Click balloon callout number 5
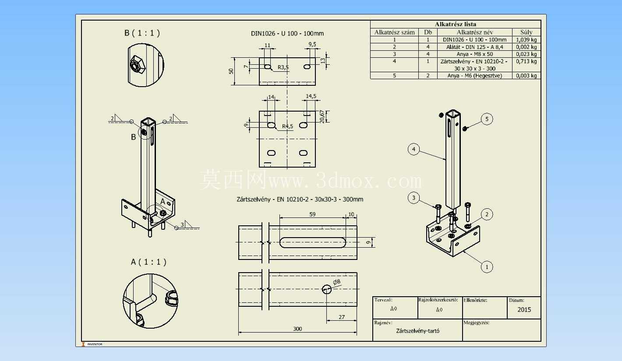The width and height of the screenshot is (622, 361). click(487, 119)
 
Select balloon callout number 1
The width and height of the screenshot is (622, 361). click(487, 267)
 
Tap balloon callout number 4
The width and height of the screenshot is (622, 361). click(413, 149)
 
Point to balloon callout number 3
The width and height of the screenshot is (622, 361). click(413, 198)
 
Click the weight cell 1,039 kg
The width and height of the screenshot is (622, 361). click(526, 40)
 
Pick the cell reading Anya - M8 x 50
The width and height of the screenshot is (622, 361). click(474, 54)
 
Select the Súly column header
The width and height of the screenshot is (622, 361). click(526, 32)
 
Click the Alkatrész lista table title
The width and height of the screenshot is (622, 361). click(456, 24)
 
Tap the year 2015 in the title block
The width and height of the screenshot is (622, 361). click(524, 310)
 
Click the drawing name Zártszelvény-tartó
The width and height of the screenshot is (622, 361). click(417, 331)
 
